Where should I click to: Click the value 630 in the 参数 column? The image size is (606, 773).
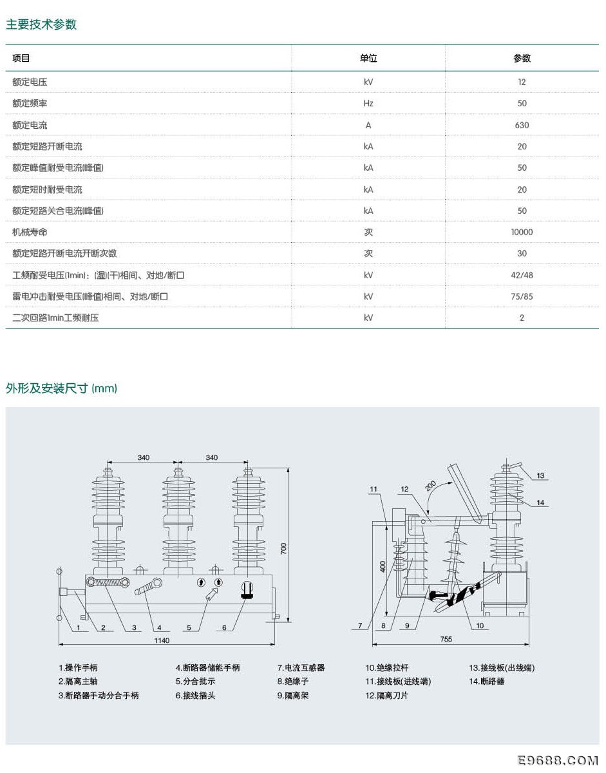click(522, 125)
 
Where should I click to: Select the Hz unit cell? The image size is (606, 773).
click(368, 104)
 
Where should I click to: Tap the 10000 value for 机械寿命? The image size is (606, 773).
click(522, 233)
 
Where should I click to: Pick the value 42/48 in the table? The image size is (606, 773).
click(522, 275)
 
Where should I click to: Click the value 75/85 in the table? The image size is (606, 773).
click(522, 296)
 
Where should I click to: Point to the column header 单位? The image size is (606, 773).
click(368, 58)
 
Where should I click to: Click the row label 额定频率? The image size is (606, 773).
click(30, 104)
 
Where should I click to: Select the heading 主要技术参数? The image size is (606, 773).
click(41, 24)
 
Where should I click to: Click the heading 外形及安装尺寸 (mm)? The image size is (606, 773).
click(61, 388)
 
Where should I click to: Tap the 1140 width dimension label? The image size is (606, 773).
click(162, 640)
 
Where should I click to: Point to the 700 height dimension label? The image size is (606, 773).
click(283, 548)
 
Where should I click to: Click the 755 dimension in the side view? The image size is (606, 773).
click(446, 639)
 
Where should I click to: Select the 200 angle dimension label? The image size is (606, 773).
click(430, 486)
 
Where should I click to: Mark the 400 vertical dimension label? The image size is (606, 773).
click(383, 566)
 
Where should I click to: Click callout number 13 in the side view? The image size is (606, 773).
click(540, 475)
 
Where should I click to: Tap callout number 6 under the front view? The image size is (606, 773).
click(224, 627)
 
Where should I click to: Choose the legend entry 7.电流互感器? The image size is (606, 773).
click(301, 668)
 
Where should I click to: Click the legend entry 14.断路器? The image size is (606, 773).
click(486, 682)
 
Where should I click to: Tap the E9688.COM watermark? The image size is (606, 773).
click(558, 761)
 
